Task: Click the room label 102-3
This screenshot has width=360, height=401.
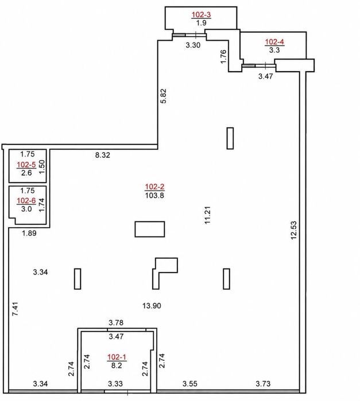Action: pos(202,15)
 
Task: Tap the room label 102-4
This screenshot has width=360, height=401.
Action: pos(274,42)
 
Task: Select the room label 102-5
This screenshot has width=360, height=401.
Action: pos(26,165)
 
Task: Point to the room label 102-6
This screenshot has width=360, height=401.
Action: pos(26,201)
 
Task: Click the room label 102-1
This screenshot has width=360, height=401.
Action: pos(117,357)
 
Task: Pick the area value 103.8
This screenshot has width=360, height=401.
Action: pos(154,196)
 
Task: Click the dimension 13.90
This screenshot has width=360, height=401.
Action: pos(152,306)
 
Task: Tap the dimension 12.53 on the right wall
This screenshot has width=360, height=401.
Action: pos(294,230)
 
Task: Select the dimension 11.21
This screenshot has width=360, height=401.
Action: pos(207,215)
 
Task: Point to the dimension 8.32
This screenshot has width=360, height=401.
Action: pos(103,155)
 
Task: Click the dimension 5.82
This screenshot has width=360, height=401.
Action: pos(163,96)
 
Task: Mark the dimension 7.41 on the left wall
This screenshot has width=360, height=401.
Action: pos(16,309)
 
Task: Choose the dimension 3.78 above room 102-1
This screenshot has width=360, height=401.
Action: pos(116,323)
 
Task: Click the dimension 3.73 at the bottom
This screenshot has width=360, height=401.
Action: pos(263,384)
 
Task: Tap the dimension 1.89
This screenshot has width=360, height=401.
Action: pos(29,233)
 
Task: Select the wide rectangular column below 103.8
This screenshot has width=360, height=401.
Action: pos(150,229)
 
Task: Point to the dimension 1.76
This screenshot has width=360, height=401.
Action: pos(223,57)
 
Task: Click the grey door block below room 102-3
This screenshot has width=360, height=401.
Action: pos(179,36)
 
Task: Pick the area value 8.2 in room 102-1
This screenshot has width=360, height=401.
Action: pos(117,365)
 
